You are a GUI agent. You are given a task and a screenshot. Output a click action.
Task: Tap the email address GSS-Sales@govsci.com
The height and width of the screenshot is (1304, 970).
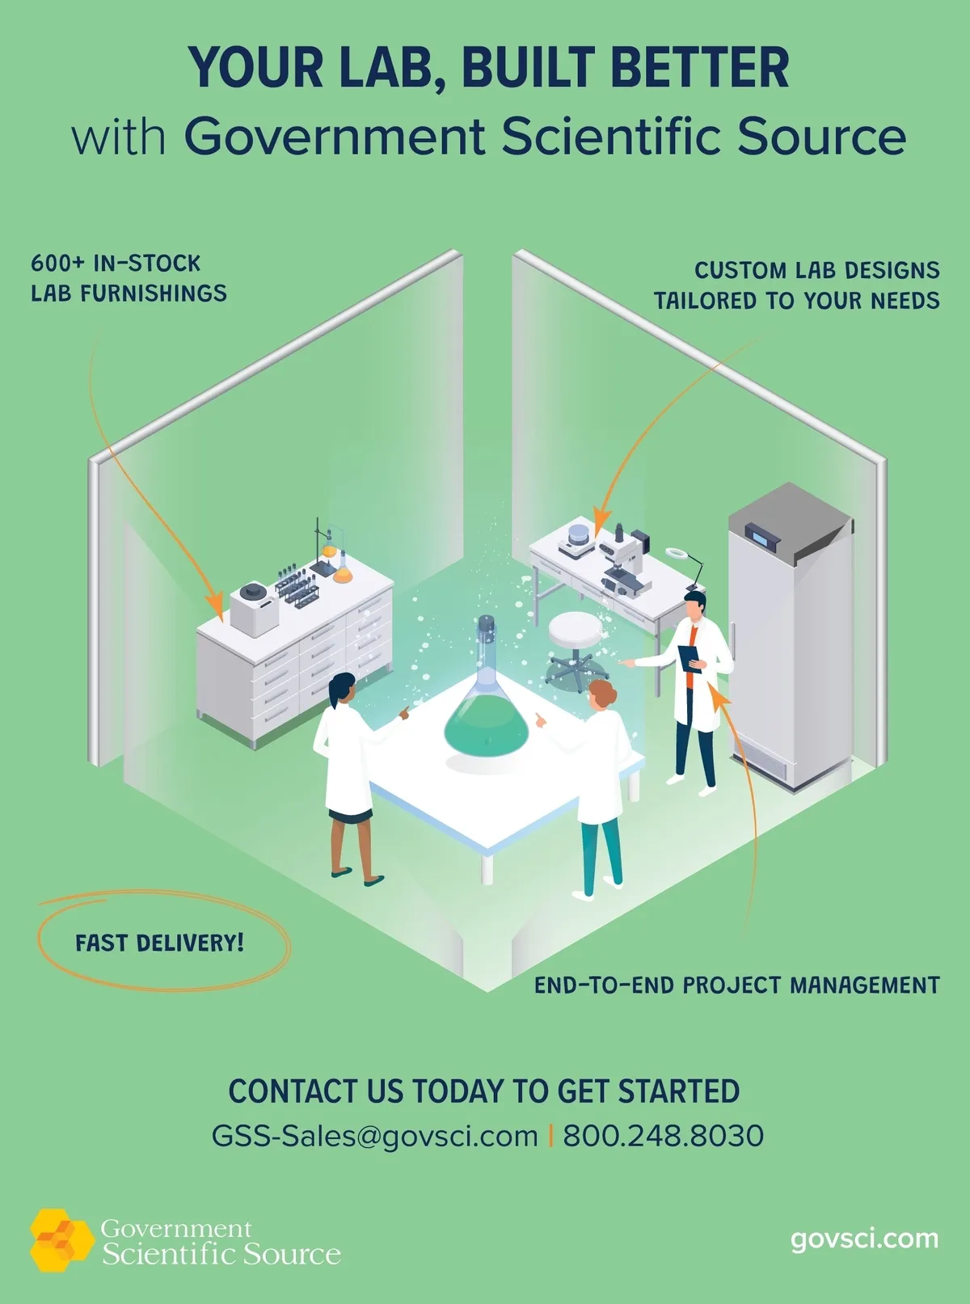pos(374,1136)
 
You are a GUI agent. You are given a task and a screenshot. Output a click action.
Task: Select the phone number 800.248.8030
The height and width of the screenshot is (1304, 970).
pos(663,1136)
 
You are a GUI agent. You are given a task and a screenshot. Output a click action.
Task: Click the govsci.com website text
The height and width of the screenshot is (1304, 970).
pos(864,1239)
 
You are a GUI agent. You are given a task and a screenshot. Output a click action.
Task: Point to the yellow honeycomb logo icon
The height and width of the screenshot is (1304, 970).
pos(61,1239)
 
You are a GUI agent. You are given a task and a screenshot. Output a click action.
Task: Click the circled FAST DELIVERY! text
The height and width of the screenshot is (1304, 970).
pos(160,943)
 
